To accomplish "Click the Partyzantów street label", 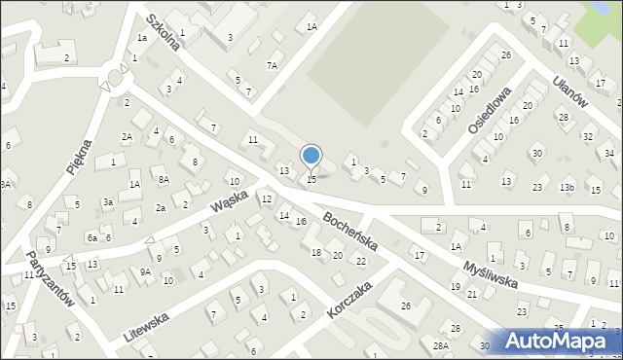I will (52, 281).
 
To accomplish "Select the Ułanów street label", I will (571, 96).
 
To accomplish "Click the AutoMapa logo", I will (558, 341).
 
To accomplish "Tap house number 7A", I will (273, 65).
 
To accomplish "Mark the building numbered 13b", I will (568, 187).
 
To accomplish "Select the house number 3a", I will (109, 201).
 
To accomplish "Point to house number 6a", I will (91, 237).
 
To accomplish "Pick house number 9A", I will (145, 272).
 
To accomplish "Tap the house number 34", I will (609, 154).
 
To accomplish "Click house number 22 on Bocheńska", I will (361, 261).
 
